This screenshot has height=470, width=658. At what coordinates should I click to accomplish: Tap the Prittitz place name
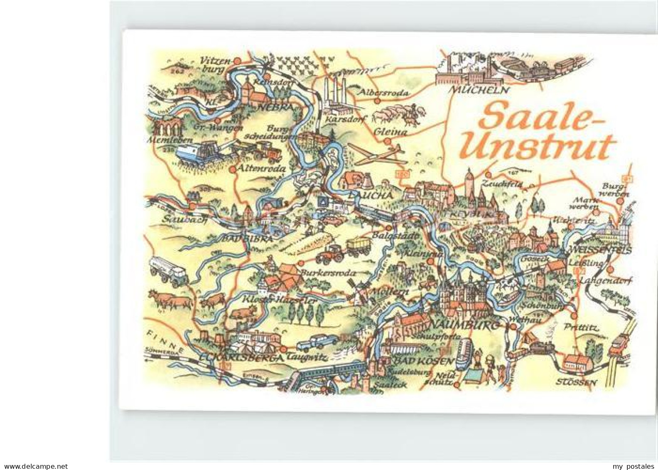pos(581,328)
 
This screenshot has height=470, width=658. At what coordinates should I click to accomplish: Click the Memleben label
pos(164,140)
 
